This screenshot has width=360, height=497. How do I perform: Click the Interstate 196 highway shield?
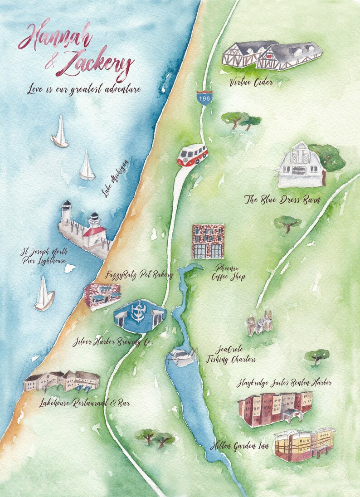[x=204, y=97]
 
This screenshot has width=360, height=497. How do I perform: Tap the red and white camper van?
[x=192, y=156]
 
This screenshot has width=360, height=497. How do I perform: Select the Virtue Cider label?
[x=251, y=83]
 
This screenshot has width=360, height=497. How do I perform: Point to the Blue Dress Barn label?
[x=282, y=200]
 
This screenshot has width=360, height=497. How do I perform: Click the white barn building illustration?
[x=300, y=166]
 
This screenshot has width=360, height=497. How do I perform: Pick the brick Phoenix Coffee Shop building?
[x=208, y=241]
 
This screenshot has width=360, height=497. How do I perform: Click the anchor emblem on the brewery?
[x=138, y=312]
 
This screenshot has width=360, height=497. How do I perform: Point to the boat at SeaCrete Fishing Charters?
[x=182, y=357]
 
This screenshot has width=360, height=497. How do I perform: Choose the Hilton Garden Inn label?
[x=240, y=446]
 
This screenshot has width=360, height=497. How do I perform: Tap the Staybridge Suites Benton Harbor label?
[x=284, y=383]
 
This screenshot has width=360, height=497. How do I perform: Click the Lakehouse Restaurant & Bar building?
[x=62, y=381]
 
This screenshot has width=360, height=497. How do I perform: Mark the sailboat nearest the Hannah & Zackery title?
[x=60, y=132]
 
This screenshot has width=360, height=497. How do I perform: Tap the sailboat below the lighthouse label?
[x=44, y=295]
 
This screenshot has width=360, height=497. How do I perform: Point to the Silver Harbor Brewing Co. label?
[x=112, y=342]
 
